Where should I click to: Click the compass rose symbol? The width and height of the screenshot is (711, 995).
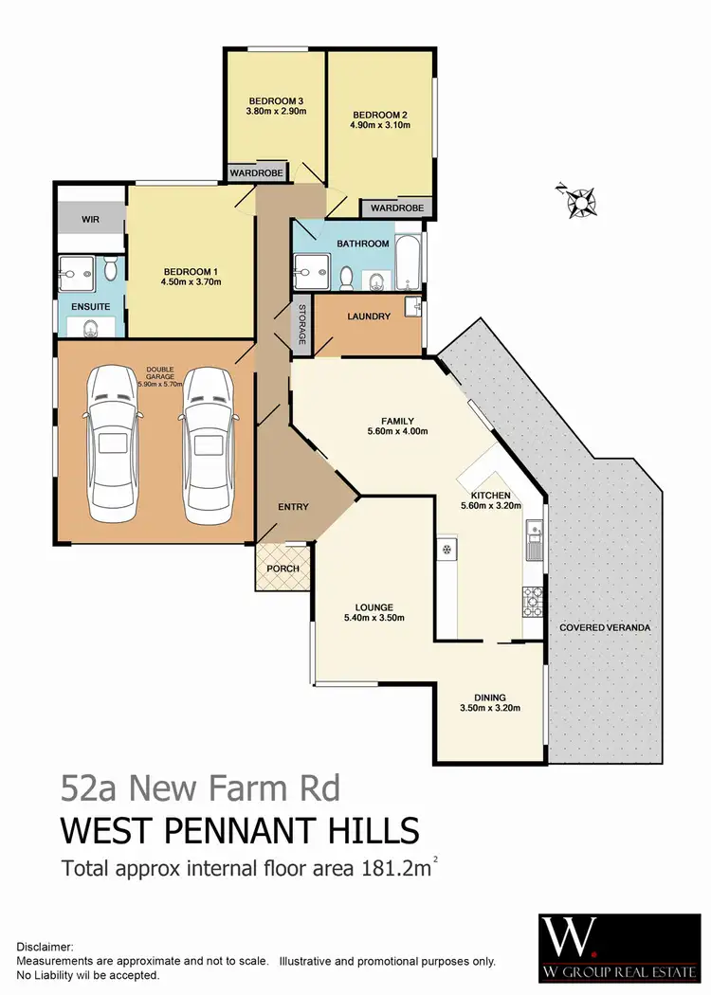click(576, 201)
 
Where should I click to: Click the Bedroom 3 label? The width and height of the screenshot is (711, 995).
click(275, 101)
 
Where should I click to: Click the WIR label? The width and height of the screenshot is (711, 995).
click(90, 219)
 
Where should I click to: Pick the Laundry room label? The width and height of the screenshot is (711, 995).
click(369, 317)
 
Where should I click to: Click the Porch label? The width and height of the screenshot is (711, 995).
click(283, 569)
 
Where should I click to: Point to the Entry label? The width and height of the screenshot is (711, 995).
click(293, 507)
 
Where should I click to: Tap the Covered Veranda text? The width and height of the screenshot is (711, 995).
click(604, 627)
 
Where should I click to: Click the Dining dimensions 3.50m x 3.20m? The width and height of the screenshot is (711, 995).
click(489, 707)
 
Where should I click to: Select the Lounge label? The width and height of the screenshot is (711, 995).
click(374, 607)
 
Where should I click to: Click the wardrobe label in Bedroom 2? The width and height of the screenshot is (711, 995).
click(395, 208)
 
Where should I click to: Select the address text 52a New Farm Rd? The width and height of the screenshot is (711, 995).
click(199, 787)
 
